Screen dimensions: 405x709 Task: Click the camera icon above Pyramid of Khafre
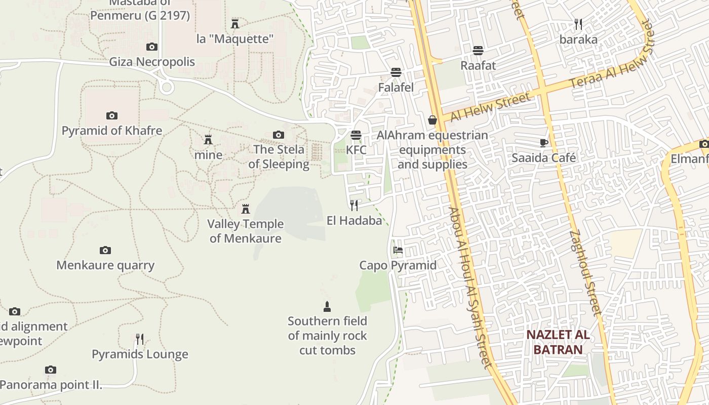112,115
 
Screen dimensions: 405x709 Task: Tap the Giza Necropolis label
152,62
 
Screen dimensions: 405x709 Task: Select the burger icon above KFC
356,135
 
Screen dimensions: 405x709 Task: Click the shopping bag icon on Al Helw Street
432,120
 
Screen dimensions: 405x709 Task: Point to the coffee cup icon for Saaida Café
544,143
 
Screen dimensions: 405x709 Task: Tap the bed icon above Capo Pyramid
398,250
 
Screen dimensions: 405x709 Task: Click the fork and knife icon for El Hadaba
354,205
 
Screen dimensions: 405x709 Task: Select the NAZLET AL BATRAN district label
558,342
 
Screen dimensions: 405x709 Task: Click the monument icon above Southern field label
327,306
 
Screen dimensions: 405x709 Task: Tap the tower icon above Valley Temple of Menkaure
246,209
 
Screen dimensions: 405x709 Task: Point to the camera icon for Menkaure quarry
105,250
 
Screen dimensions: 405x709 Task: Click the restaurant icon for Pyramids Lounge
140,339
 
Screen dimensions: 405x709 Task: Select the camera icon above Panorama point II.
50,370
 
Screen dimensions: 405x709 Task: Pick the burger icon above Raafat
478,50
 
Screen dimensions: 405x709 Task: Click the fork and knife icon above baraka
578,24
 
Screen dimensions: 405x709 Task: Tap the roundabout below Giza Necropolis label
166,87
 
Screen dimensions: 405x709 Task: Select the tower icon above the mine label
208,140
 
